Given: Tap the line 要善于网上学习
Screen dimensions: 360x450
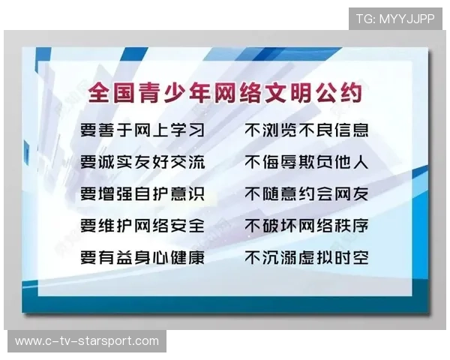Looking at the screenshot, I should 142,130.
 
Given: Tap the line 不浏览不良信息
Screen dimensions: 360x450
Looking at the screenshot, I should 307,130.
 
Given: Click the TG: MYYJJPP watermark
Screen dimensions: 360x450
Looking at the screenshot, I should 395,18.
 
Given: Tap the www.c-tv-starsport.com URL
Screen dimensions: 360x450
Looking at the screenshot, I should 87,341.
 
